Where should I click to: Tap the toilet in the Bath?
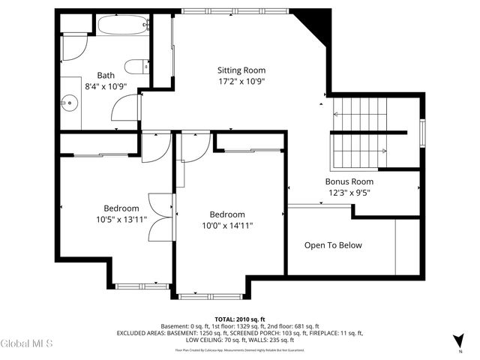point(135,66)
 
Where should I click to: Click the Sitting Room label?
point(241,70)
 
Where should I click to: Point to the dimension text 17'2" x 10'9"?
point(241,81)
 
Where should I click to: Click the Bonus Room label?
point(349,181)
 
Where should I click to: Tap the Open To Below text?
point(332,245)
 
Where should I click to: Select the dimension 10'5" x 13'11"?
point(121,220)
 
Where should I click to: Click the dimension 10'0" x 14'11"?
point(227,225)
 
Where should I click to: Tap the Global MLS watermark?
point(27,343)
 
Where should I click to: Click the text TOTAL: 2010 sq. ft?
point(240,319)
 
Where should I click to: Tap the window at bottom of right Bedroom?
point(211,296)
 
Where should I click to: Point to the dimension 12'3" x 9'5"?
point(349,193)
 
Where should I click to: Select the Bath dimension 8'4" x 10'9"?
point(105,86)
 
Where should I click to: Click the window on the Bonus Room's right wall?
point(423,133)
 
